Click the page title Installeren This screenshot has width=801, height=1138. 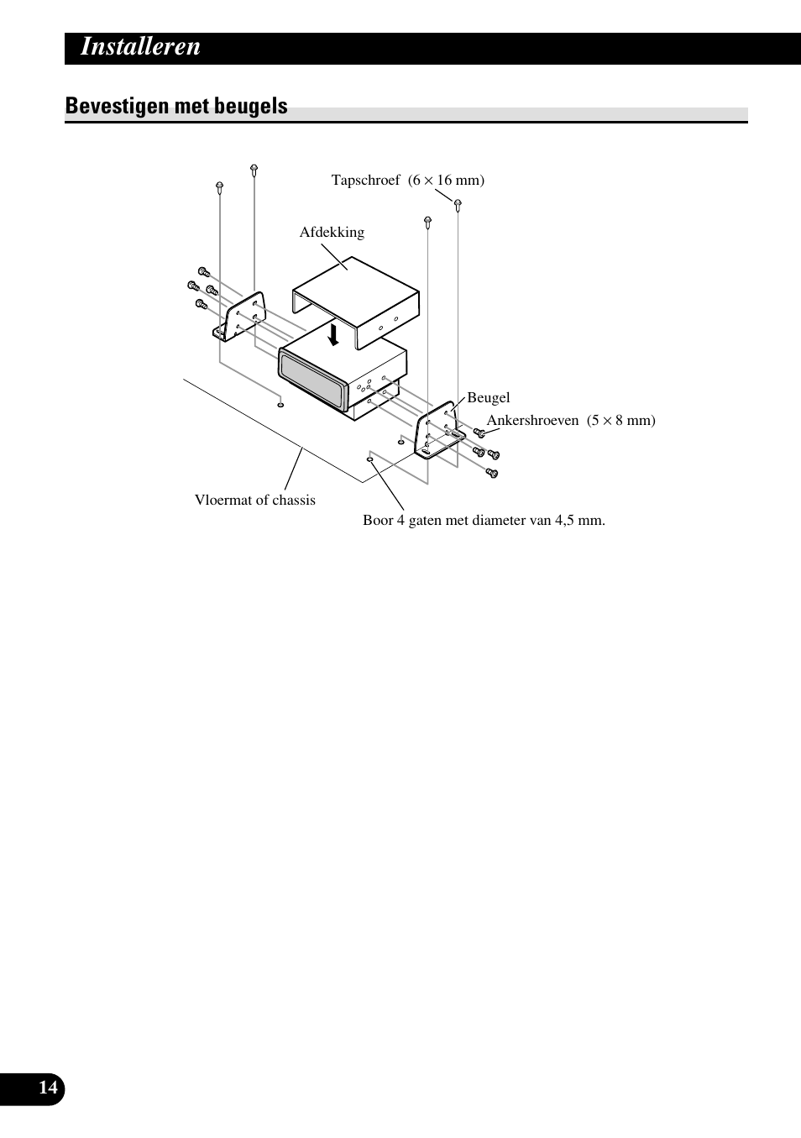coord(140,47)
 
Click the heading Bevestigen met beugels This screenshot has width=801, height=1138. coord(176,107)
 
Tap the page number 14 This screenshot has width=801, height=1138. coord(48,1088)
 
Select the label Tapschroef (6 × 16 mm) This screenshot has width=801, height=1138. coord(407,181)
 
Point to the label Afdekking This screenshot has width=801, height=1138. coord(332,233)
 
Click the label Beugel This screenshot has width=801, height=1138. coord(488,398)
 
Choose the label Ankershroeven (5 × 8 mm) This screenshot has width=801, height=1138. coord(571,421)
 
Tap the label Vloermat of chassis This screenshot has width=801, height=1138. coord(255,501)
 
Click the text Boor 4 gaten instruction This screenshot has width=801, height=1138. coord(484,521)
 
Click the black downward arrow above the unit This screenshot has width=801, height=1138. coord(333,335)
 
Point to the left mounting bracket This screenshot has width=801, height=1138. coord(241,318)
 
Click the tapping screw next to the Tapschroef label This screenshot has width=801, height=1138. coord(458,204)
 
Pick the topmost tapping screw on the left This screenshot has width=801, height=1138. coord(254,170)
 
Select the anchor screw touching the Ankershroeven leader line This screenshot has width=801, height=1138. coord(479,433)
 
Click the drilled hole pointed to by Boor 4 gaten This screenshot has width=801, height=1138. coord(369,459)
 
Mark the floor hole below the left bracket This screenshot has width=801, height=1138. coord(280,405)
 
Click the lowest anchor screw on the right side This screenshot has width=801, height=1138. coord(493,474)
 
